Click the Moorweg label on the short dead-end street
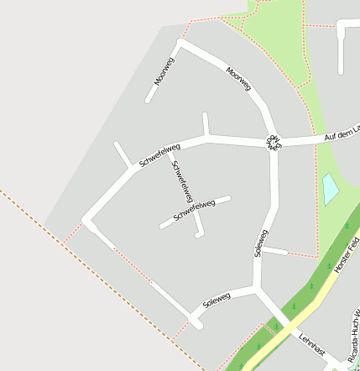164,71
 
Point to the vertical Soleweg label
261,243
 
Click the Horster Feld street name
346,255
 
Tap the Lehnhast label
311,345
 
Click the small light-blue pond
331,189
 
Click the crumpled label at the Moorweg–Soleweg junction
274,141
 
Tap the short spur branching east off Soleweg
275,251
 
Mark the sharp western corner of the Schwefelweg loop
86,221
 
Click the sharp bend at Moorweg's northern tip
181,43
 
